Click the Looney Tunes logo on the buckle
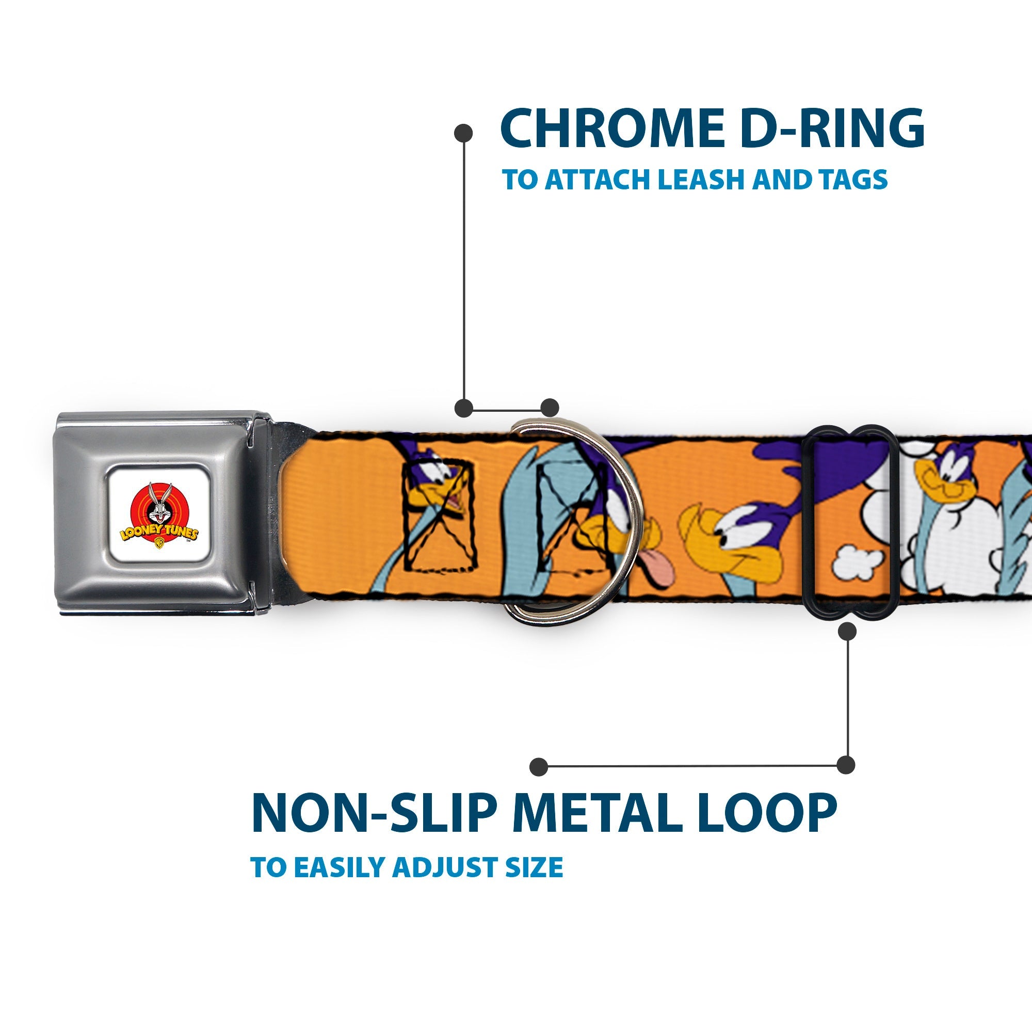(158, 513)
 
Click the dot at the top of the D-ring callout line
(463, 133)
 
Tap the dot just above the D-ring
(550, 408)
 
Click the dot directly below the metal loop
(847, 632)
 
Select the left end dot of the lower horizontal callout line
(539, 767)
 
